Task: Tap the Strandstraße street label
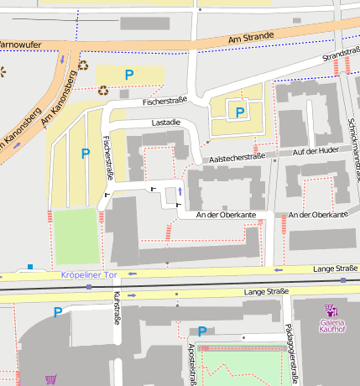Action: [334, 58]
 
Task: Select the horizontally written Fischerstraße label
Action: [164, 102]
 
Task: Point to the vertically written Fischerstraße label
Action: [107, 158]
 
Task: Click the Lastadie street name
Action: [165, 123]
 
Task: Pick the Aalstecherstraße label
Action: [236, 156]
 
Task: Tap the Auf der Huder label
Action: [315, 151]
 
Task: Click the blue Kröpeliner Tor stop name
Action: [90, 275]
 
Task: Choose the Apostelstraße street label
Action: [192, 363]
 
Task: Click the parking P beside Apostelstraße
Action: [202, 331]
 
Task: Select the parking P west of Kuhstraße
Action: [58, 312]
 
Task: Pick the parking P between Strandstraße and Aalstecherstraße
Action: [240, 112]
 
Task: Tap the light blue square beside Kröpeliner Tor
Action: [30, 267]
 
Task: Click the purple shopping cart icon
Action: [51, 379]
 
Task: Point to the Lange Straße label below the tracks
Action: [265, 291]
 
